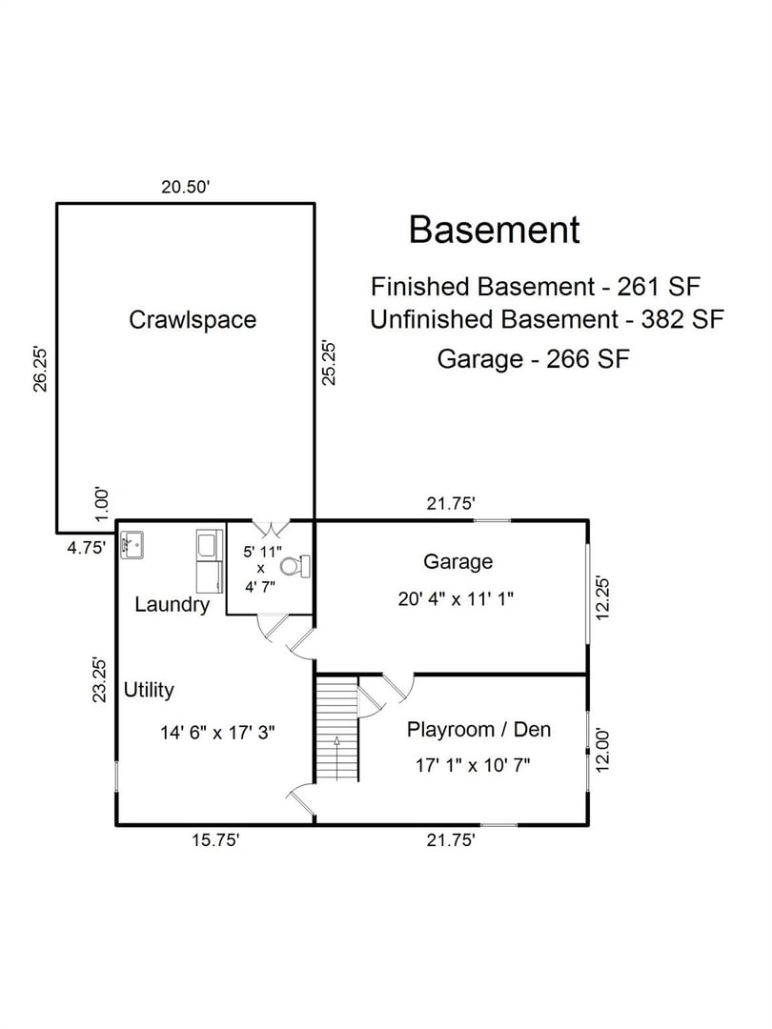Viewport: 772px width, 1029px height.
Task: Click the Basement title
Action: point(494,230)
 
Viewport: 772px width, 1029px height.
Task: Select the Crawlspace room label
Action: point(193,319)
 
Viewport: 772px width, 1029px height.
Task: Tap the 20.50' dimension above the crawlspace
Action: point(185,188)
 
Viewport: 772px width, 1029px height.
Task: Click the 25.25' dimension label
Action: point(330,362)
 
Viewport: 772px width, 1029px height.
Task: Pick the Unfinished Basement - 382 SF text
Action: point(546,319)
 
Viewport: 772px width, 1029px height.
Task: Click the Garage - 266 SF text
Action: point(535,359)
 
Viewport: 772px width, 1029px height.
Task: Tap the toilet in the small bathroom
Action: point(297,566)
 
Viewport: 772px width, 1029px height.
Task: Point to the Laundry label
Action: point(172,604)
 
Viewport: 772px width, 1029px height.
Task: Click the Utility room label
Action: point(149,690)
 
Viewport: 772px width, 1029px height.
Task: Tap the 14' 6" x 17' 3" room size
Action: point(218,733)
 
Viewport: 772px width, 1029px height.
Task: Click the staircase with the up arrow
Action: point(336,729)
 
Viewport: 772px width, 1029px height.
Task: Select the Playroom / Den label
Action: point(478,730)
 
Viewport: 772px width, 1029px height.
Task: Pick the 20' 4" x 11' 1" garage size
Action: point(457,599)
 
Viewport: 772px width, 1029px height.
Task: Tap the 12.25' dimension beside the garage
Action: point(601,597)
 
